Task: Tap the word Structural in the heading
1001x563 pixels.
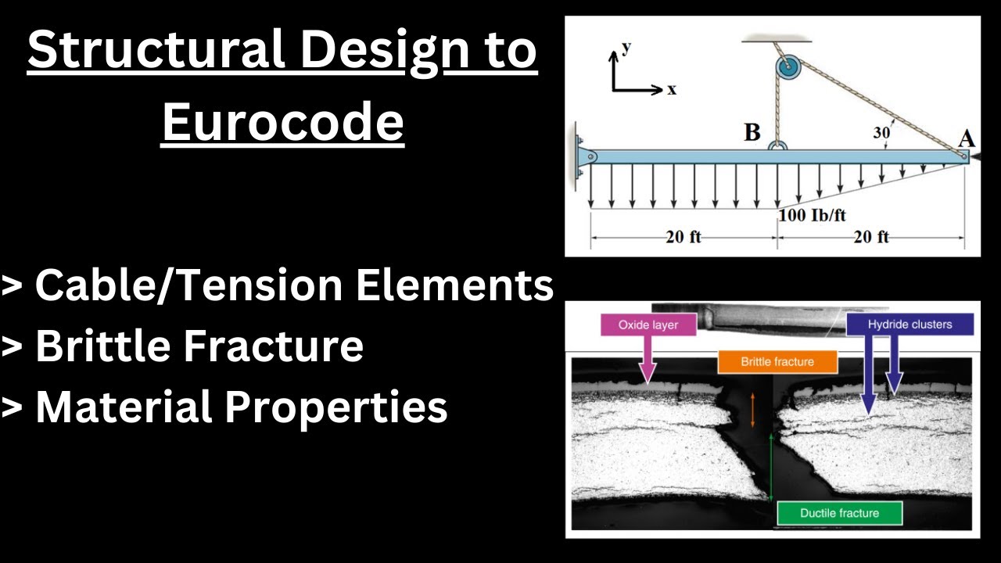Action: coord(156,51)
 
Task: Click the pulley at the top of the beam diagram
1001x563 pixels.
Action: coord(788,69)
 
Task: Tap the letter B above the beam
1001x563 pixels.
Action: coord(752,132)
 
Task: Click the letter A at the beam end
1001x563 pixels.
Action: coord(967,138)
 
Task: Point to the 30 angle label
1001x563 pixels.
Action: coord(881,133)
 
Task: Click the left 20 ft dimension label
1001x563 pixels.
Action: coord(683,237)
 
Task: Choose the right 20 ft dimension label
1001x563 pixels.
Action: coord(870,237)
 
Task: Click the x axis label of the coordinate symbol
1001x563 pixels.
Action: coord(671,89)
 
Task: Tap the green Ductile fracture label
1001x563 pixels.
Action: coord(839,513)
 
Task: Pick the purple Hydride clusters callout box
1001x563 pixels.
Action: coord(910,324)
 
